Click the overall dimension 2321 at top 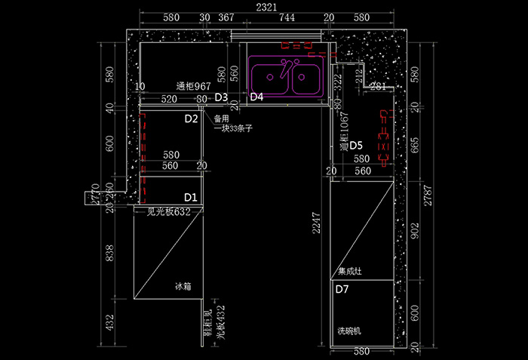point(265,7)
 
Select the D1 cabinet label point(191,197)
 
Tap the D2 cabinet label point(191,118)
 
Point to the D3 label point(221,97)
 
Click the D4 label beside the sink point(256,97)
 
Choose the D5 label point(356,145)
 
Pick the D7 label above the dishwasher point(342,289)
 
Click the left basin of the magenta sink point(269,78)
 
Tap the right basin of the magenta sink point(307,78)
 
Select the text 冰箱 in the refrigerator point(183,286)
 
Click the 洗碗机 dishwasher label point(350,331)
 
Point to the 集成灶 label point(349,270)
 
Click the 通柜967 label point(193,86)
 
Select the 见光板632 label point(168,213)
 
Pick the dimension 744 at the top point(287,17)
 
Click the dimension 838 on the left point(111,254)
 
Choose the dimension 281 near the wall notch point(378,87)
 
